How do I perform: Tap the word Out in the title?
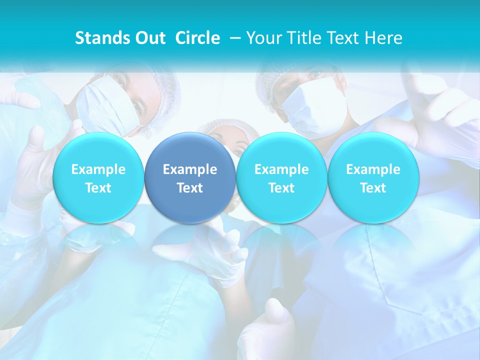click(x=149, y=38)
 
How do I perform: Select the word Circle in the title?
click(x=197, y=38)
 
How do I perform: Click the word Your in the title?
click(x=264, y=38)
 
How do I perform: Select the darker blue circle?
click(x=190, y=178)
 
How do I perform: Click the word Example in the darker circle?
click(x=190, y=169)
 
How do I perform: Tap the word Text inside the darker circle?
click(x=190, y=188)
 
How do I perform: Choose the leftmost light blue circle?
click(x=98, y=178)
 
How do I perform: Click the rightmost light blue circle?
click(x=373, y=178)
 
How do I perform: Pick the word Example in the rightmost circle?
click(x=373, y=169)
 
